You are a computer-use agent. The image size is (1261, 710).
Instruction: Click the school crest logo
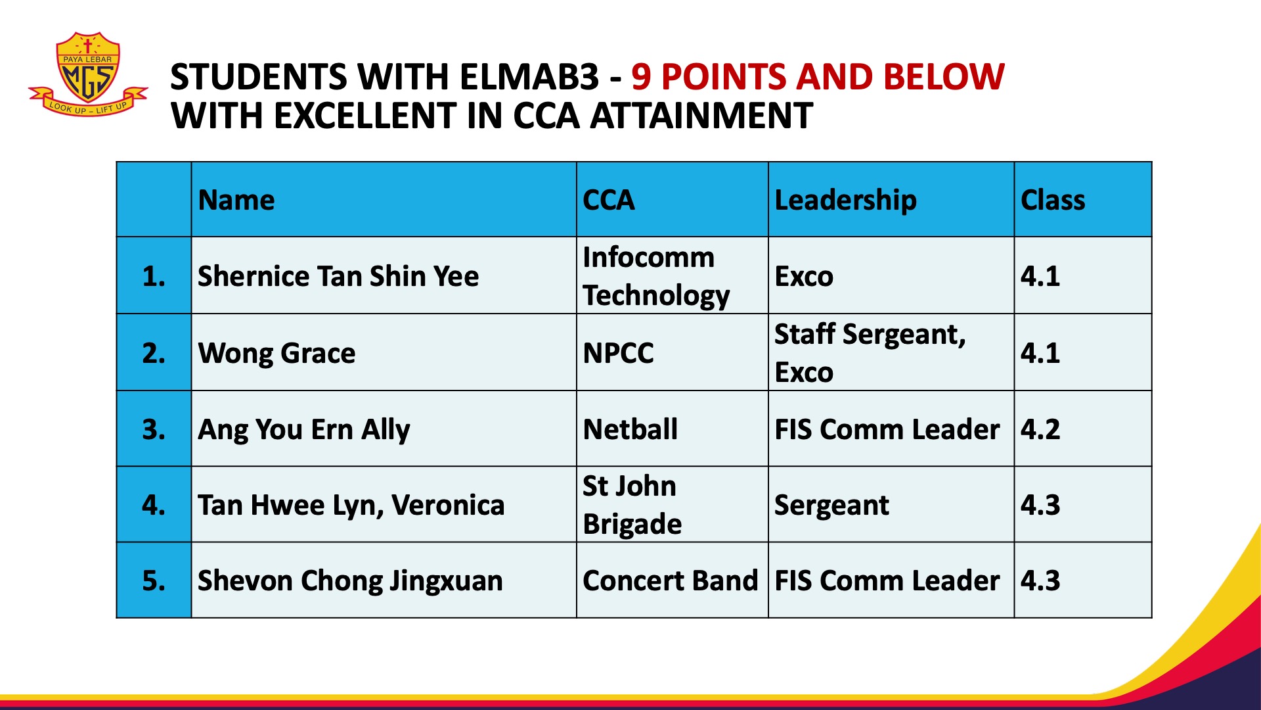click(88, 74)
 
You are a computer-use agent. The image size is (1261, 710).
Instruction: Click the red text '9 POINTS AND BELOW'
click(818, 77)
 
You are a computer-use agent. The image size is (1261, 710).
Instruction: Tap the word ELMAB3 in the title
click(529, 77)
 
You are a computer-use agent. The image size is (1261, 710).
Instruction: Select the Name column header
click(236, 200)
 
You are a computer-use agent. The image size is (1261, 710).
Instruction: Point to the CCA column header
click(609, 200)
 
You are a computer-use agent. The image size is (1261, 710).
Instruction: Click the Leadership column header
click(845, 201)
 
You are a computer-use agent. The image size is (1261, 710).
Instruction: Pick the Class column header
click(1053, 200)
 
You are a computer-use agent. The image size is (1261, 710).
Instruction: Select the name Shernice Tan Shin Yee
click(338, 276)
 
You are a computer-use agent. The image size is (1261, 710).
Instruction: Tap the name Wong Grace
click(277, 353)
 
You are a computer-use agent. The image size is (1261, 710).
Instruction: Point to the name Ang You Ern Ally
click(304, 430)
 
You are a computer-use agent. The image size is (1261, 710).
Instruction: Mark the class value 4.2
click(1040, 429)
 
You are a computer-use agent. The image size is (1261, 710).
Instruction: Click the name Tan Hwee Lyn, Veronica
click(351, 506)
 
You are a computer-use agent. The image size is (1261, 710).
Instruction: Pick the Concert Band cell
click(671, 580)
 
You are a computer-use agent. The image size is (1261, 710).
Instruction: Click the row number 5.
click(154, 580)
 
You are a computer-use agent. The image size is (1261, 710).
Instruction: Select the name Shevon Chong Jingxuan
click(350, 581)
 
